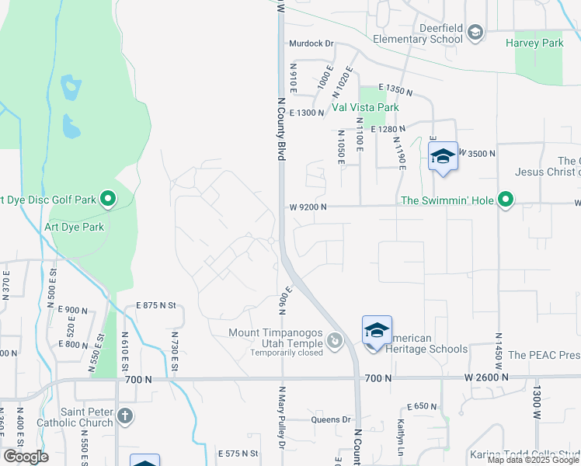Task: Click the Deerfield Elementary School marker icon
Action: [x=475, y=32]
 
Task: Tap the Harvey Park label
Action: [x=534, y=43]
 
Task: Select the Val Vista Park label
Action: [x=365, y=107]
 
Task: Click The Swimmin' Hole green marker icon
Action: [x=506, y=200]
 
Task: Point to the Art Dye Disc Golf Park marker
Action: [x=108, y=200]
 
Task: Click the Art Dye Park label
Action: [x=75, y=228]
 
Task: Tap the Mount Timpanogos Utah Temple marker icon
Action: [x=335, y=340]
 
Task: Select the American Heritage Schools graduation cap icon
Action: [x=377, y=331]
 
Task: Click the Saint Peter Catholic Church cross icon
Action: [x=126, y=417]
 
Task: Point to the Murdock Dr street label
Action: [x=311, y=44]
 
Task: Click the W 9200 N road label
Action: [x=308, y=207]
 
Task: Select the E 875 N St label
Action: [x=158, y=306]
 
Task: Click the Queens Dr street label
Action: [x=332, y=419]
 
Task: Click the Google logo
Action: [x=26, y=457]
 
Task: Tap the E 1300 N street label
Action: [x=306, y=113]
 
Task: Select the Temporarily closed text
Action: [x=287, y=352]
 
